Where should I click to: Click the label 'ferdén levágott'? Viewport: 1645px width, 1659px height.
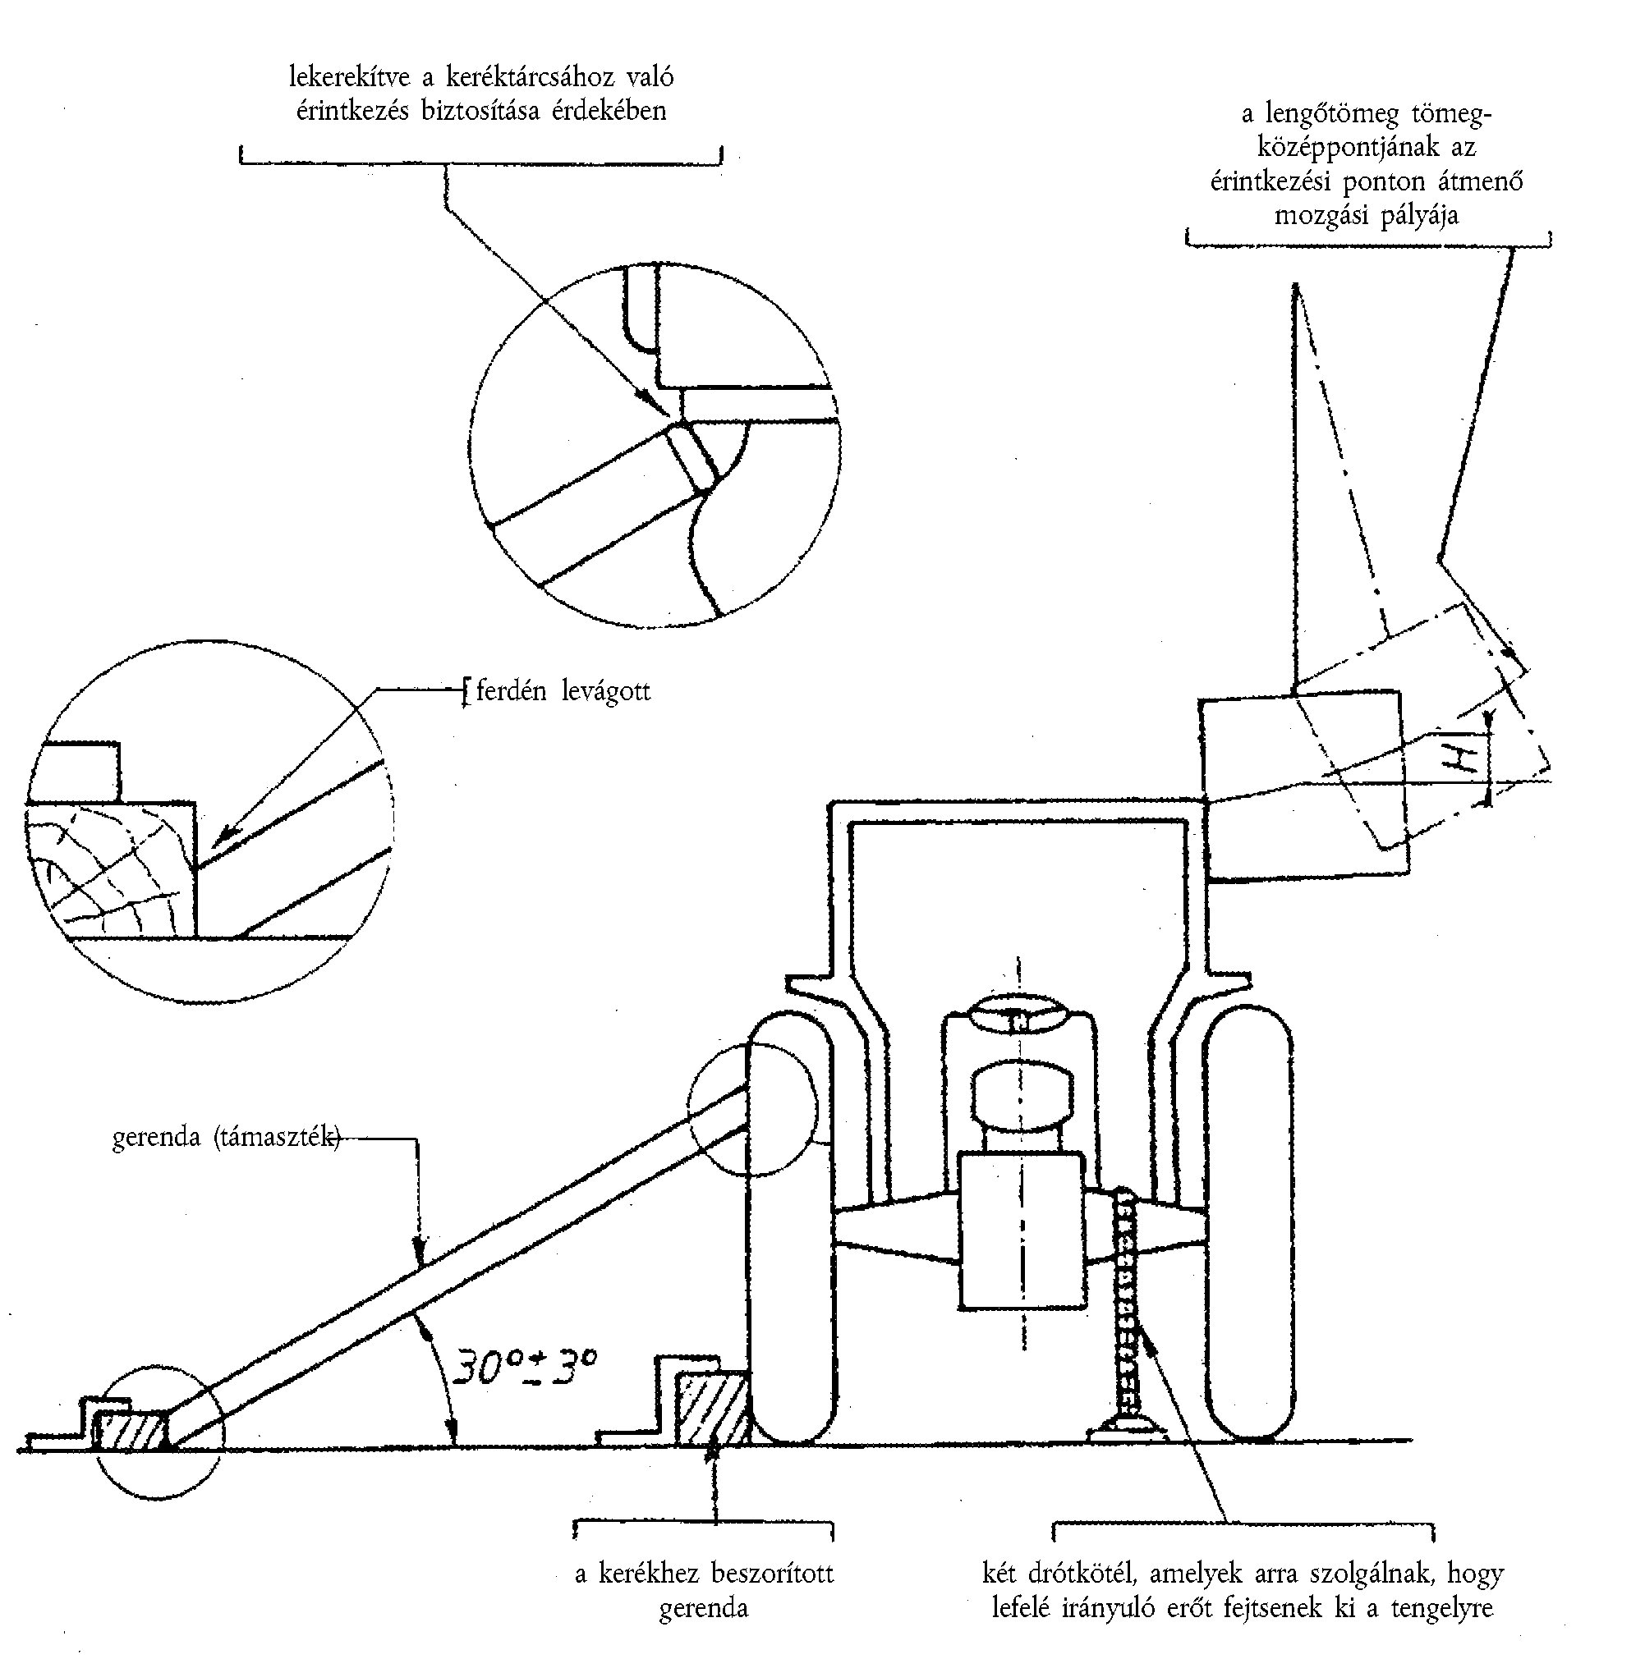(563, 691)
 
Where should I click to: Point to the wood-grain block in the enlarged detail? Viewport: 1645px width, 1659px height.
(112, 868)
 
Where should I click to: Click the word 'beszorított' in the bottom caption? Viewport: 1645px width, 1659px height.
(772, 1574)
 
